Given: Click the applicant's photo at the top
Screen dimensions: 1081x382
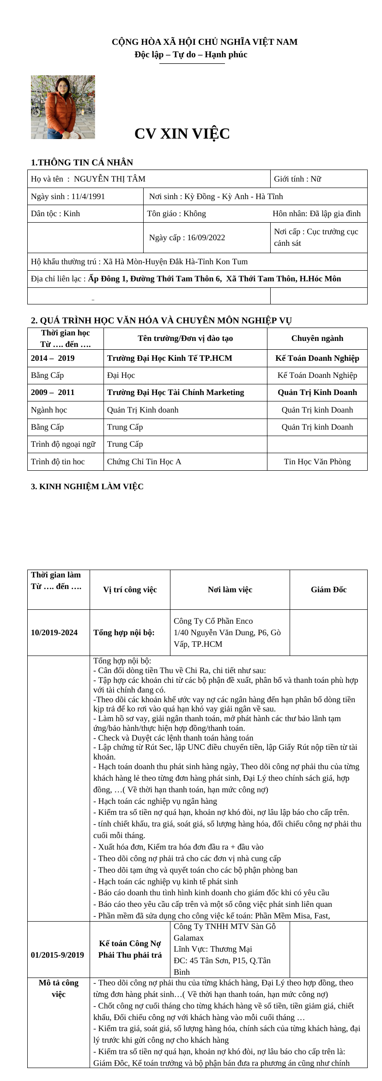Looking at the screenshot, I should pyautogui.click(x=63, y=107).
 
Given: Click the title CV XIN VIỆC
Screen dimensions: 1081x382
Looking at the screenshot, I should pyautogui.click(x=182, y=134).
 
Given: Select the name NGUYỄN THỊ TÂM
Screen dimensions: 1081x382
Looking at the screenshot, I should pyautogui.click(x=109, y=179).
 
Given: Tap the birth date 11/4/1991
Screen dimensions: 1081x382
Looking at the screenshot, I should pyautogui.click(x=88, y=196).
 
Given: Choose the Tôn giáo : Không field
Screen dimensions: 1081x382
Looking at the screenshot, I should pyautogui.click(x=176, y=213).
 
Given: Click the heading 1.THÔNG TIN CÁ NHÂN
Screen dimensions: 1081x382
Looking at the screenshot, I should pyautogui.click(x=82, y=162).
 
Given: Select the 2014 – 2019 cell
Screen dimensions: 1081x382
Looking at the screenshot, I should pyautogui.click(x=53, y=358).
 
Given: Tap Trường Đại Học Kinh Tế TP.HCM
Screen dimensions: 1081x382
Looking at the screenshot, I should pyautogui.click(x=170, y=358).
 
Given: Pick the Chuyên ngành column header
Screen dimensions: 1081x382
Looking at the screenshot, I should pyautogui.click(x=317, y=338).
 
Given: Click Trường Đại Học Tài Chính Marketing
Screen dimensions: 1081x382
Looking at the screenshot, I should pyautogui.click(x=176, y=392).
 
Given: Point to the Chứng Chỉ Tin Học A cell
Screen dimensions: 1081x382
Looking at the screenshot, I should pyautogui.click(x=144, y=462).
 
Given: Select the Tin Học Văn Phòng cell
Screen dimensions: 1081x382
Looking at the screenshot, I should pyautogui.click(x=317, y=462).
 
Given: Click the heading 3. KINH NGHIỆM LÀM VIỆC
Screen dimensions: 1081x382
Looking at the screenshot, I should pyautogui.click(x=87, y=486).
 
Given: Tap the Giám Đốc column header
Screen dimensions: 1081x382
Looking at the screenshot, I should pyautogui.click(x=328, y=589).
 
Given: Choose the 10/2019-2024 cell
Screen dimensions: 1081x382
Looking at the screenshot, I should pyautogui.click(x=54, y=632).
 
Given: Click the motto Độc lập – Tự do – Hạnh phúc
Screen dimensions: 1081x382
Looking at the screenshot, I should pyautogui.click(x=191, y=55).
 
